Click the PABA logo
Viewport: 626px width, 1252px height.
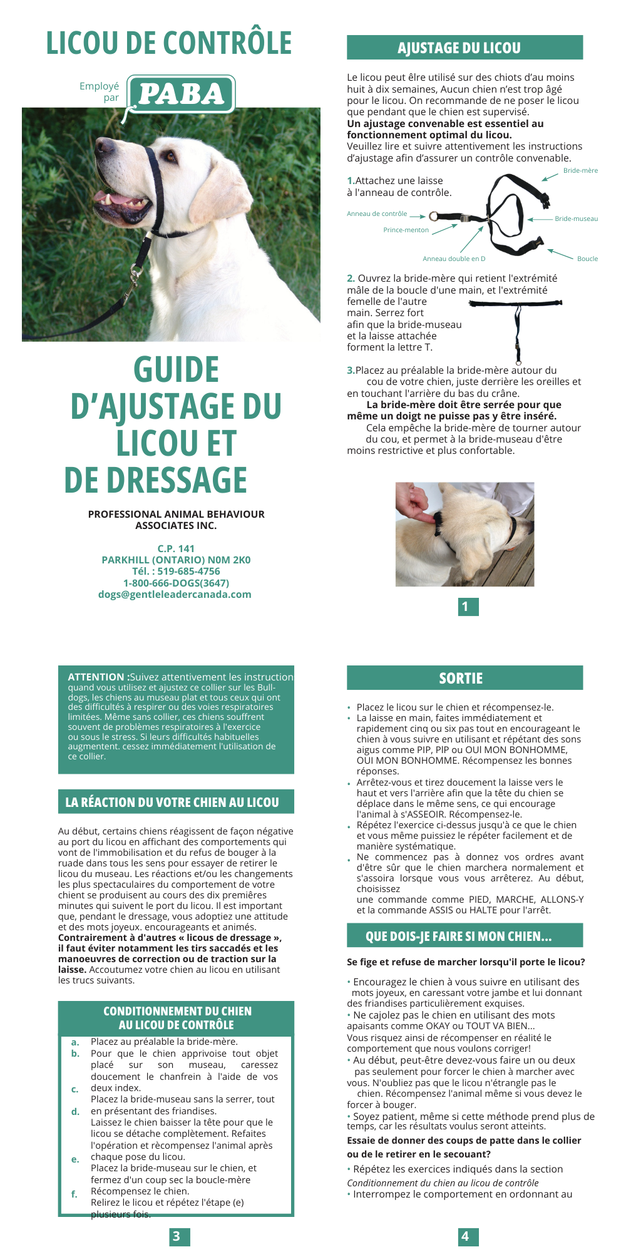pos(181,95)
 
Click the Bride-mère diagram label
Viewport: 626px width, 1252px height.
pos(580,170)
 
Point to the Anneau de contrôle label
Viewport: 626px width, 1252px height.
pos(377,214)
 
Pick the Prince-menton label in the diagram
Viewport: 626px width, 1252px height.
pos(406,230)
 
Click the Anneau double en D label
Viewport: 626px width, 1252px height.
pos(454,259)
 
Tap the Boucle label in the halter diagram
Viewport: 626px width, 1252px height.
pos(587,259)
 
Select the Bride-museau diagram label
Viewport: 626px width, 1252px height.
pos(576,219)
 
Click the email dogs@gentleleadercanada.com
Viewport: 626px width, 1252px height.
pos(175,595)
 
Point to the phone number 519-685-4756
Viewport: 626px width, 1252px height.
pos(188,572)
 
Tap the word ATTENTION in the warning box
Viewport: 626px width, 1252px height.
pos(96,677)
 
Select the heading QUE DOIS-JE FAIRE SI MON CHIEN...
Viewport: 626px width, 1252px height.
pos(458,936)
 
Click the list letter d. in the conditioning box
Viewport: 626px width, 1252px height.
pos(75,1112)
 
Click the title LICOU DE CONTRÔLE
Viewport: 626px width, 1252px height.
pos(169,43)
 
